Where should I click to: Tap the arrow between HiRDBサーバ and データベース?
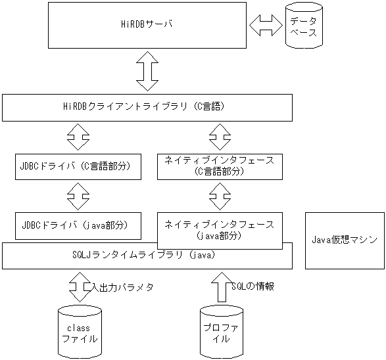266,26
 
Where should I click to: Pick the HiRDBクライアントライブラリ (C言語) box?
147,108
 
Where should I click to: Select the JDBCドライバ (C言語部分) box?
79,166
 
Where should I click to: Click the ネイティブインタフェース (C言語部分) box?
220,166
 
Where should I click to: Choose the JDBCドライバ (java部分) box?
79,225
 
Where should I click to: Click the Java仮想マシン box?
345,240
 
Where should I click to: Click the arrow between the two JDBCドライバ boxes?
79,195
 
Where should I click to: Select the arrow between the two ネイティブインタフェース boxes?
220,195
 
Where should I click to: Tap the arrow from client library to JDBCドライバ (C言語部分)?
79,137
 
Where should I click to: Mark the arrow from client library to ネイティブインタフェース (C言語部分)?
220,137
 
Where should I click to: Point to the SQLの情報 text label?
253,286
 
